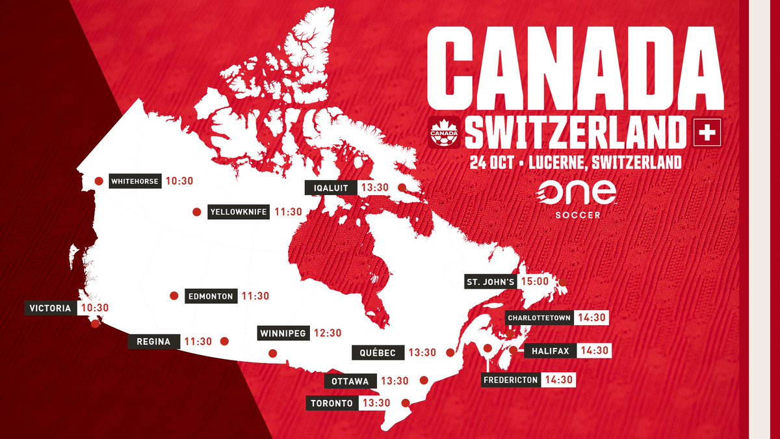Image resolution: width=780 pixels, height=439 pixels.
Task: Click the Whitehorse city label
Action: (x=134, y=181)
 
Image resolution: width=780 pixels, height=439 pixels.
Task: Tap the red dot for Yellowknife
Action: (x=196, y=212)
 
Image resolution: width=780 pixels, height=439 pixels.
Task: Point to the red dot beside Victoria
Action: (x=96, y=323)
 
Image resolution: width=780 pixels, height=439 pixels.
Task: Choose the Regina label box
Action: (x=153, y=341)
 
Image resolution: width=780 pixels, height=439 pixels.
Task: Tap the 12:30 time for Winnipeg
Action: (x=327, y=333)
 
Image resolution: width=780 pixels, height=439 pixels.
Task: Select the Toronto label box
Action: (x=331, y=403)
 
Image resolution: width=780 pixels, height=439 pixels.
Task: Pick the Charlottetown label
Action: (x=539, y=317)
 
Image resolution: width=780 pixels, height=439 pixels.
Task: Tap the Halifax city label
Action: (x=549, y=351)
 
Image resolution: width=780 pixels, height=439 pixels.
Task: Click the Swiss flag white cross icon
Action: (x=707, y=132)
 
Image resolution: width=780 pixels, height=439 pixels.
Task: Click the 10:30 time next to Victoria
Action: (x=94, y=308)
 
